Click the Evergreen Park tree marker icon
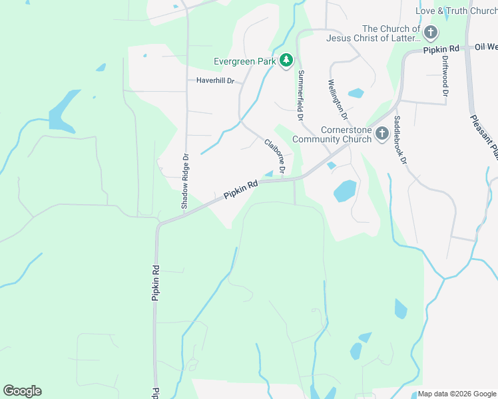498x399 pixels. [x=286, y=61]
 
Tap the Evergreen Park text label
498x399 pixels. [x=244, y=61]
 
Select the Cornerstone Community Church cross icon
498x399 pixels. [x=382, y=134]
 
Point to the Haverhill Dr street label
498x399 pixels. [x=216, y=80]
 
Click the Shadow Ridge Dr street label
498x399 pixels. [x=186, y=182]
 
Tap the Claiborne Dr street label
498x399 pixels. [x=275, y=156]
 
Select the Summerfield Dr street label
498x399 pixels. [x=301, y=95]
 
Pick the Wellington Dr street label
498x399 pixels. [x=335, y=100]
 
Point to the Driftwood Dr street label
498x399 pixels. [x=445, y=74]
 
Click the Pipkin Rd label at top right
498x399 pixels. [x=441, y=49]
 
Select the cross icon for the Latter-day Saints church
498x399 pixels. [x=431, y=33]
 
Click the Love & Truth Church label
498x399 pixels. [x=456, y=11]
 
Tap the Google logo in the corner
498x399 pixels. [x=22, y=391]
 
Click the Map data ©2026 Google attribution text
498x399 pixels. [x=456, y=394]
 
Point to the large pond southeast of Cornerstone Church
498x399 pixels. [x=345, y=191]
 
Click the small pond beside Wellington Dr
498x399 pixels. [x=356, y=93]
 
